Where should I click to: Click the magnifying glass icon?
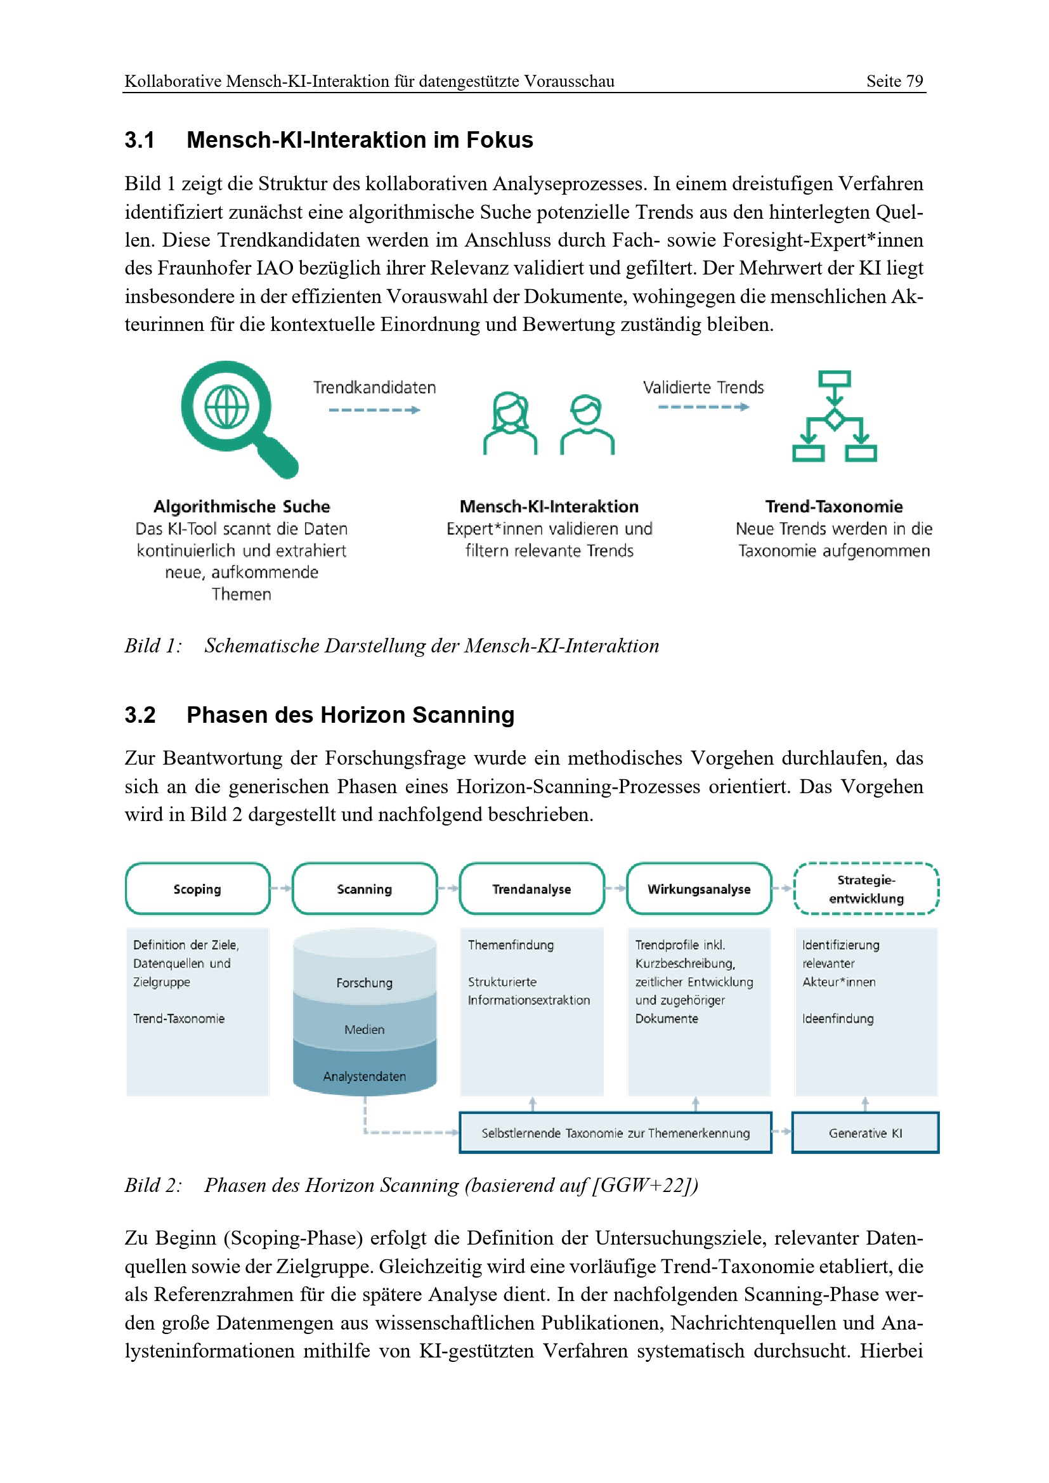click(x=236, y=417)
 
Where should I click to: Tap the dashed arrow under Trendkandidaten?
click(x=374, y=410)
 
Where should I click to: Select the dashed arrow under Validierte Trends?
click(x=703, y=407)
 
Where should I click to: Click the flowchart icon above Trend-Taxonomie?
click(x=834, y=417)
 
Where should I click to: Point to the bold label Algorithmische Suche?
click(x=242, y=507)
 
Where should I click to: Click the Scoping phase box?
click(x=198, y=889)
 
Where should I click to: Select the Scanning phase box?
click(x=364, y=889)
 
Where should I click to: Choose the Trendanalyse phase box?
click(x=531, y=889)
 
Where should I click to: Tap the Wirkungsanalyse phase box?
click(x=699, y=889)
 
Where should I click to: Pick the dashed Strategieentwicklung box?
click(x=866, y=889)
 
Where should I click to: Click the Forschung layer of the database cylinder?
click(x=364, y=982)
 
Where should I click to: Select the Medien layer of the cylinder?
click(x=364, y=1030)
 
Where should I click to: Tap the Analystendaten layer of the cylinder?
click(x=364, y=1076)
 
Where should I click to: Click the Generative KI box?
click(x=866, y=1133)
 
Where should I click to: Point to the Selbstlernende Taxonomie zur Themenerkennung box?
click(x=616, y=1133)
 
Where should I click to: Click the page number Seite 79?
click(x=895, y=81)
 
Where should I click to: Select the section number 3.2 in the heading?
click(x=140, y=715)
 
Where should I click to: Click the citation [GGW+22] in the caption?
click(x=642, y=1185)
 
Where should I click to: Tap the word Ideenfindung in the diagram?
click(x=838, y=1019)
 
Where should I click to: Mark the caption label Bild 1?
click(x=153, y=646)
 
